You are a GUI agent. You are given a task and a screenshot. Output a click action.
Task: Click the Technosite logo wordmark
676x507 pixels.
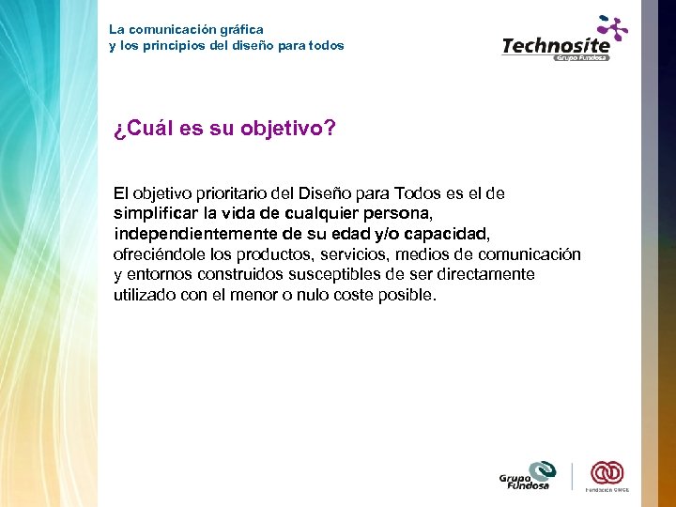pos(556,45)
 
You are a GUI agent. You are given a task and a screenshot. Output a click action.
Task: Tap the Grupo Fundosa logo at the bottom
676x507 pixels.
pos(527,476)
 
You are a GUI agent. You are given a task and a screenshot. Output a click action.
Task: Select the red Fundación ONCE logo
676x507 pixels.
pos(607,475)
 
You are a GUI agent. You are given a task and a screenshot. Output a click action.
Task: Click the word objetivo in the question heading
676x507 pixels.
pos(282,129)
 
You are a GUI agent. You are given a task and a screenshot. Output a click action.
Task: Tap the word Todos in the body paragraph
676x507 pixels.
pos(420,193)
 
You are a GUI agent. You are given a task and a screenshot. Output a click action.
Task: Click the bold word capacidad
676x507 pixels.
pos(447,234)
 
